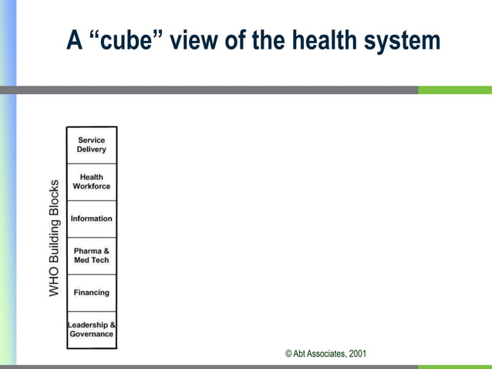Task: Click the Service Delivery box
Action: coord(92,145)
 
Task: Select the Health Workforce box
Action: coord(92,181)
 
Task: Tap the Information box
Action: coord(92,218)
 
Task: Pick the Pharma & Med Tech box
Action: coord(92,256)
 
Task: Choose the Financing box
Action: coord(92,293)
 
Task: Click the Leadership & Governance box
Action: coord(92,330)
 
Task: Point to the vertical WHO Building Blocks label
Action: coord(54,238)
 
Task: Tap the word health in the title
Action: coord(327,40)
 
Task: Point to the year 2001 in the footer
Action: coord(358,354)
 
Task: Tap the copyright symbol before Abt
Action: coord(288,354)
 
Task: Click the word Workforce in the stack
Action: coord(92,187)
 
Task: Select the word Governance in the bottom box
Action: coord(92,334)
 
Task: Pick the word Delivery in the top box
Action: coord(92,150)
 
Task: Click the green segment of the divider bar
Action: coord(455,90)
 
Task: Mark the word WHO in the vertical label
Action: coord(54,283)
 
